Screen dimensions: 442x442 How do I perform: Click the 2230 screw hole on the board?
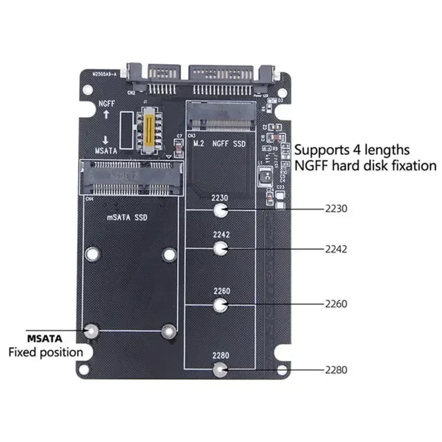point(220,210)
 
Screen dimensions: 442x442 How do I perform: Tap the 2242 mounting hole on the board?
point(220,249)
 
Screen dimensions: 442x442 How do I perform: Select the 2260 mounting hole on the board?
point(220,304)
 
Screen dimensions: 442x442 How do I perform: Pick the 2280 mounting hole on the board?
point(220,369)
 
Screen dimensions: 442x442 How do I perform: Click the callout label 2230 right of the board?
point(336,209)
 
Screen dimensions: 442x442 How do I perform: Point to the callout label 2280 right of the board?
point(336,370)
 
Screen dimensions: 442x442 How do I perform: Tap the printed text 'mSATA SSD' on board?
point(127,218)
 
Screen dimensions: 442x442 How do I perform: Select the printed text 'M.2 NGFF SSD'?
point(219,144)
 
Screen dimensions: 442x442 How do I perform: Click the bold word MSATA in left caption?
point(45,338)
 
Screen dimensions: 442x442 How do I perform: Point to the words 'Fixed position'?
point(45,352)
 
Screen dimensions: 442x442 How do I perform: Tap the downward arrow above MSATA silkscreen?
point(106,139)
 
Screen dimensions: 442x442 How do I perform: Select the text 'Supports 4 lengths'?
point(351,149)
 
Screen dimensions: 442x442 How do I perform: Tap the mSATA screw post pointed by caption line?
point(92,331)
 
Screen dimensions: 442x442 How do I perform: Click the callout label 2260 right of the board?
point(336,304)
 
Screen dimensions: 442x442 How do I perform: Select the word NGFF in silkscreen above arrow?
point(107,103)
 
